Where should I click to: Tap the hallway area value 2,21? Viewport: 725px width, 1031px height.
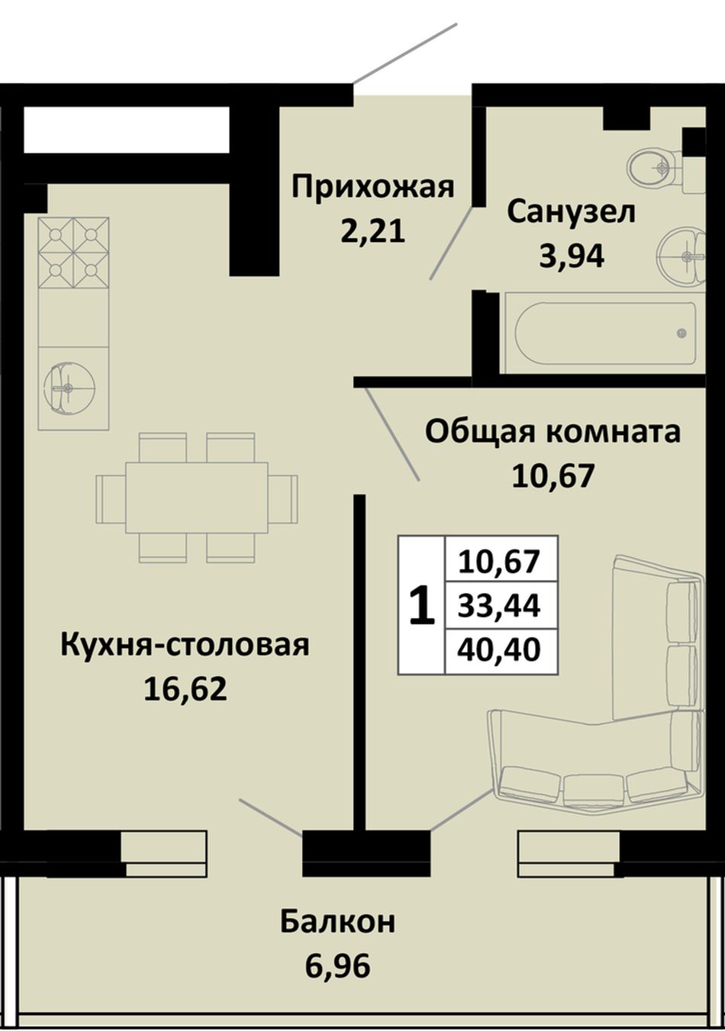pyautogui.click(x=373, y=231)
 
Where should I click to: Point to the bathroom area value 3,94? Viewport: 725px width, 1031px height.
pyautogui.click(x=571, y=257)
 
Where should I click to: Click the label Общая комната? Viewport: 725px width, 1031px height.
pyautogui.click(x=553, y=433)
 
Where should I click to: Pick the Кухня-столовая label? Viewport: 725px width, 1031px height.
pyautogui.click(x=185, y=646)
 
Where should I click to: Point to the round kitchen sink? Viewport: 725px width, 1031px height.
pyautogui.click(x=69, y=388)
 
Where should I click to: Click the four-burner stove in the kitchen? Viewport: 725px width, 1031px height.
pyautogui.click(x=74, y=253)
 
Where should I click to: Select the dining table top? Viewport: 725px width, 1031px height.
pyautogui.click(x=197, y=498)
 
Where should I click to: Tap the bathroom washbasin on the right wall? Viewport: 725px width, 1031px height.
pyautogui.click(x=682, y=255)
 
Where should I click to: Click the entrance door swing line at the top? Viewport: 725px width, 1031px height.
pyautogui.click(x=404, y=53)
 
